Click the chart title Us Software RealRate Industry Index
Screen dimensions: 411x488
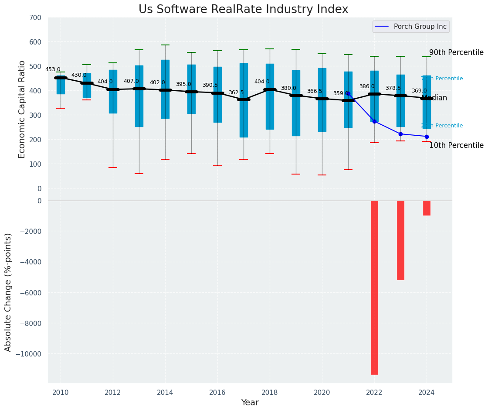(x=243, y=10)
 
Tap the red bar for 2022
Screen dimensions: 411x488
(x=374, y=287)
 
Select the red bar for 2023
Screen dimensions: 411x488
(x=400, y=240)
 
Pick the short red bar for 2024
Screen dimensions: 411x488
(x=427, y=208)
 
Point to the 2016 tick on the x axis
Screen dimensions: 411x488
(x=217, y=392)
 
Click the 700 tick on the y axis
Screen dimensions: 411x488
(x=35, y=17)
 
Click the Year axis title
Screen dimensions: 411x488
(x=250, y=403)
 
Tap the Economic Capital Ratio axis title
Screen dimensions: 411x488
(x=22, y=109)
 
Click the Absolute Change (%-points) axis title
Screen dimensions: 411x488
(x=8, y=292)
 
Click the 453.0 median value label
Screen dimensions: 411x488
(x=53, y=69)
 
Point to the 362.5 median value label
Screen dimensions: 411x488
(x=236, y=92)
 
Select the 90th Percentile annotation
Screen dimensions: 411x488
(x=456, y=52)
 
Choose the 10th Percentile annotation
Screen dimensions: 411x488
(x=456, y=145)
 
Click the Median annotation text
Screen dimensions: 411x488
(x=434, y=98)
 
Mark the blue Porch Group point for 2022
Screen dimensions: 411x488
(x=374, y=121)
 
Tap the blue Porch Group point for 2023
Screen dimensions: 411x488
(x=400, y=134)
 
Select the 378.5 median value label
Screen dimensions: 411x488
(x=393, y=88)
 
